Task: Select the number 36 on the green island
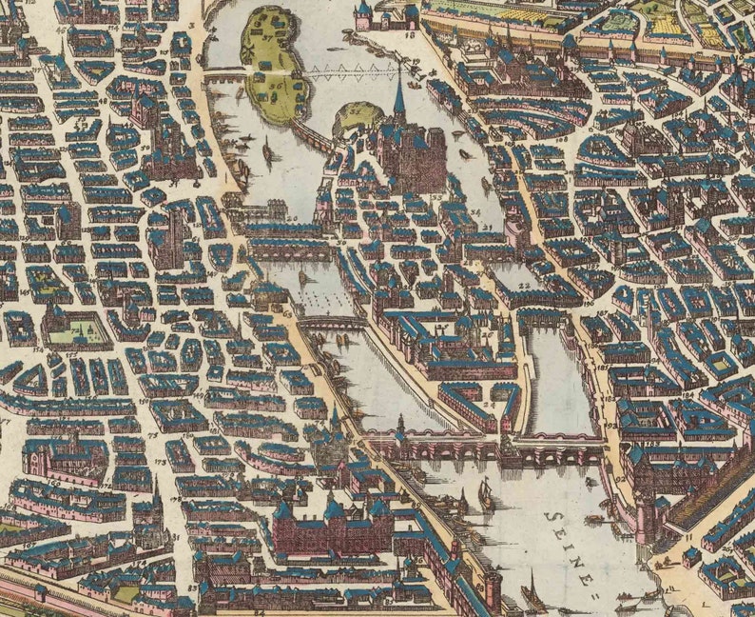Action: (276, 88)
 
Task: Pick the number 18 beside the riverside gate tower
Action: (411, 34)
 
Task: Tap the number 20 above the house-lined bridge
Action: (291, 218)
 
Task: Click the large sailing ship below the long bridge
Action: (486, 494)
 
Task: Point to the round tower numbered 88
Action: (492, 582)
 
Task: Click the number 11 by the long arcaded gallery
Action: (687, 538)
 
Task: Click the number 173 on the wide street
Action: (159, 461)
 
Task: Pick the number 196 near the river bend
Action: (588, 305)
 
